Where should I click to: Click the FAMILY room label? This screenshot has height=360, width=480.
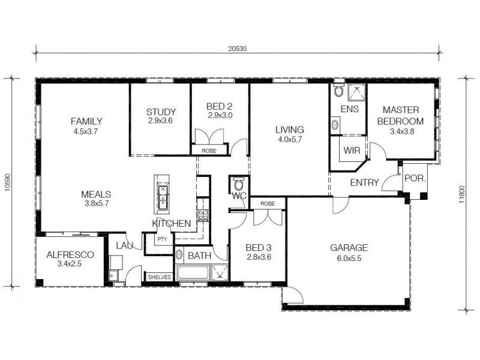(86, 120)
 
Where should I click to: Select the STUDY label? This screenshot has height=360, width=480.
(161, 112)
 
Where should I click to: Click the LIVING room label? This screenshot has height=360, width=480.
(289, 129)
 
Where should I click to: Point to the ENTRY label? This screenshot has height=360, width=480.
(364, 182)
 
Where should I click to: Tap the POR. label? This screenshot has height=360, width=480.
(415, 178)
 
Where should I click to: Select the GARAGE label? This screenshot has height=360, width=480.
(349, 247)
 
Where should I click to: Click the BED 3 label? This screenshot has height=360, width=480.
(259, 247)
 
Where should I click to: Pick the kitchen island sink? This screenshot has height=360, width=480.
(163, 193)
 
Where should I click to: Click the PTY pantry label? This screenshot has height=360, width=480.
(161, 239)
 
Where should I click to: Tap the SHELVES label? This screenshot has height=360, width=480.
(160, 277)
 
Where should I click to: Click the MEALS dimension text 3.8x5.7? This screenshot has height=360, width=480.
(95, 203)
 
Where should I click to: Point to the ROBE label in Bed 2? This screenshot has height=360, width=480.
(208, 151)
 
